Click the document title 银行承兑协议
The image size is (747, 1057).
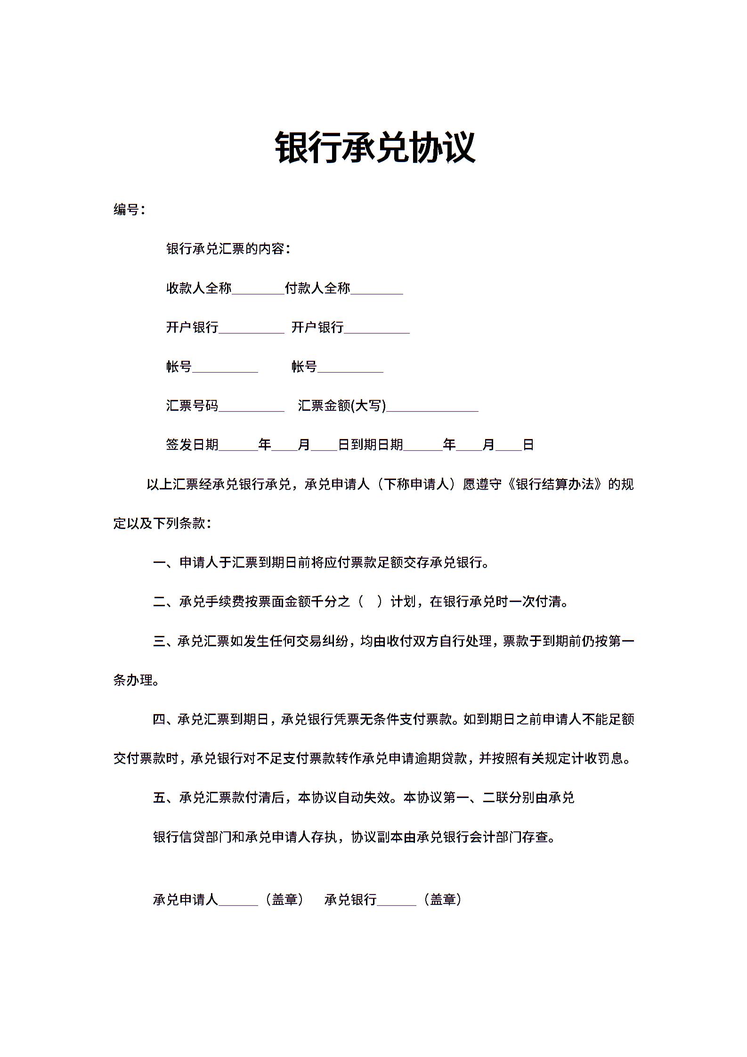375,147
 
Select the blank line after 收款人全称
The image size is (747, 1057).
258,289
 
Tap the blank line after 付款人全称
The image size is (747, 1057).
377,289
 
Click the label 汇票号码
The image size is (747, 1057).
192,406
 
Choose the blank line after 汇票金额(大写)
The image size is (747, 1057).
432,407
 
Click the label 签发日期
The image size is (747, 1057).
192,445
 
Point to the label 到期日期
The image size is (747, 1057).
377,445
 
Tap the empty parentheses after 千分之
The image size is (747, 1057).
370,602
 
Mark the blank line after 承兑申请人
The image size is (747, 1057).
238,900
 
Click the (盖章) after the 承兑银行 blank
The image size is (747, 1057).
443,900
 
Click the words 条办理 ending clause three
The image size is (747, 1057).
133,680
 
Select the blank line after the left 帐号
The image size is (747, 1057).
225,368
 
